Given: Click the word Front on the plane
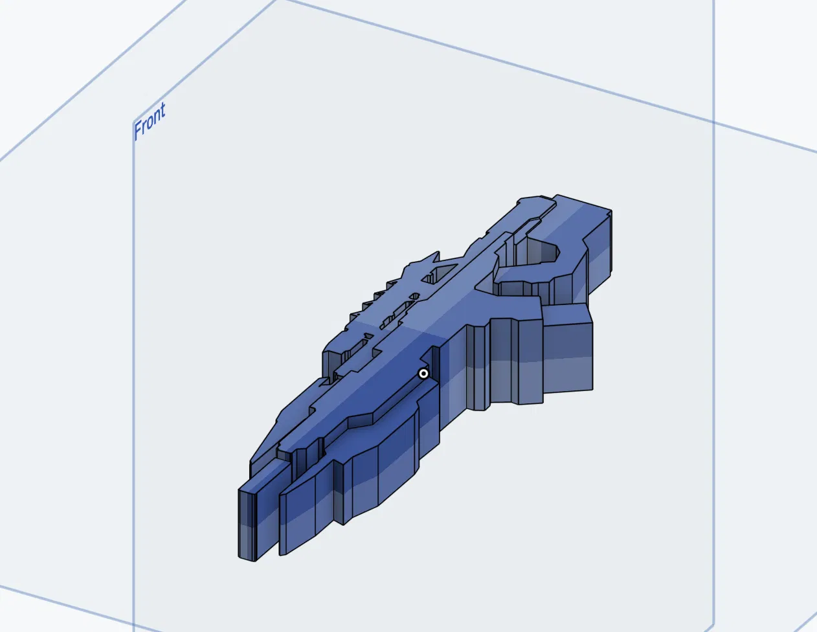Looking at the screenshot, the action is pos(150,121).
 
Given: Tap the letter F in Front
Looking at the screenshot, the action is pos(138,130).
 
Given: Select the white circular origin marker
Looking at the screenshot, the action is pos(423,374).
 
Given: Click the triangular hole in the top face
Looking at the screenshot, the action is pos(438,273).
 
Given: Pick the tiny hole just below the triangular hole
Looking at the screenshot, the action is pos(414,297).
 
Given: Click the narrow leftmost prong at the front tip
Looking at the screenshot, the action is pos(247,522).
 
